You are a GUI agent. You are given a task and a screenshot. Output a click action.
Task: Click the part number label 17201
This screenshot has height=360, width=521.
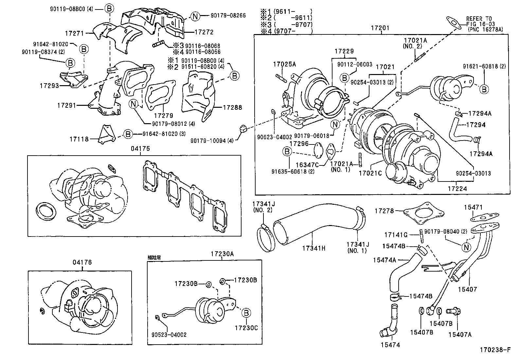tap(380, 28)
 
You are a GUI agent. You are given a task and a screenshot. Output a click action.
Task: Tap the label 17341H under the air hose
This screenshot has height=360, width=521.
tap(314, 248)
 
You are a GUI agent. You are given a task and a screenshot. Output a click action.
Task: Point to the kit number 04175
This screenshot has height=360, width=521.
tap(140, 148)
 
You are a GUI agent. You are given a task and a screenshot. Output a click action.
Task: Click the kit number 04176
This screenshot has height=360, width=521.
tap(82, 262)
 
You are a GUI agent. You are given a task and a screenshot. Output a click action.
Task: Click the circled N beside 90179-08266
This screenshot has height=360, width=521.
tap(195, 16)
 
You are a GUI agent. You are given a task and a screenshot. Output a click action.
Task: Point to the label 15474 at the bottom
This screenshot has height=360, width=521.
tap(390, 345)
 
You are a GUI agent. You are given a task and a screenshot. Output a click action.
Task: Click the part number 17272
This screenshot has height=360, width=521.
tap(204, 32)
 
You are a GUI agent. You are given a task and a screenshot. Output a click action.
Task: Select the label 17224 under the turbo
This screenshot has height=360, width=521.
tap(457, 189)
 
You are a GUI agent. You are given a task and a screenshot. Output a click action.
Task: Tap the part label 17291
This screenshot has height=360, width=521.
tap(66, 105)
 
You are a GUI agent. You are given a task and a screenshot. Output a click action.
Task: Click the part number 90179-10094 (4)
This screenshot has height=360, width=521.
tap(212, 141)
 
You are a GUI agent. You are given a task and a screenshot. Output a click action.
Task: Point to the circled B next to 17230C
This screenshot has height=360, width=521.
tap(246, 313)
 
